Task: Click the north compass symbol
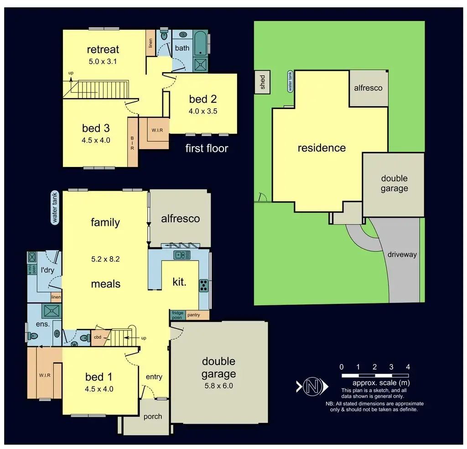(x=313, y=386)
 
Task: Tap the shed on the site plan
(x=263, y=83)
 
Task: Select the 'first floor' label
(x=207, y=148)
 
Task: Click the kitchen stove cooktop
(x=203, y=286)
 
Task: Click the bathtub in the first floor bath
(x=200, y=43)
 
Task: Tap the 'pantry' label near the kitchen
(x=193, y=315)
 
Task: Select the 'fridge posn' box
(x=177, y=315)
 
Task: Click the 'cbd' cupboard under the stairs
(x=98, y=338)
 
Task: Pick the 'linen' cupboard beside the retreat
(x=150, y=43)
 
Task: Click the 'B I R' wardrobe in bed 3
(x=133, y=142)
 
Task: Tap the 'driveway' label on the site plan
(x=402, y=255)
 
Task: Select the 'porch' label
(x=152, y=417)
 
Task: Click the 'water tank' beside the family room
(x=55, y=207)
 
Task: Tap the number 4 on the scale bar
(x=408, y=367)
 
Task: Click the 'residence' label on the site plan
(x=322, y=148)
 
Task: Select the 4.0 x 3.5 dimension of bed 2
(x=203, y=111)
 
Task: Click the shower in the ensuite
(x=48, y=311)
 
